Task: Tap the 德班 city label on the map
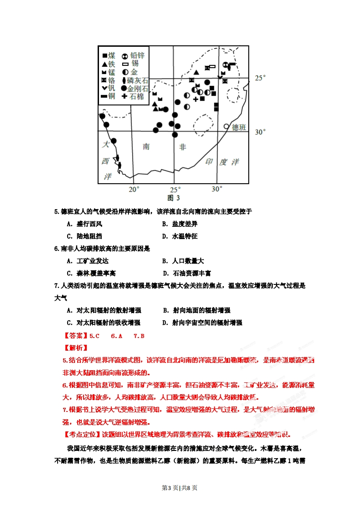(238, 127)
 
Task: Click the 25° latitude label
(260, 78)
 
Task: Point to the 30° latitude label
(260, 132)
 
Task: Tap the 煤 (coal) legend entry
(108, 55)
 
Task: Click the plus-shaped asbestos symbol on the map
(196, 99)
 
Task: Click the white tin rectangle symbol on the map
(212, 67)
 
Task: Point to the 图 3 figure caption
(173, 198)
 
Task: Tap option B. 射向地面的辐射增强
(197, 310)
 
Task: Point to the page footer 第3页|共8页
(180, 488)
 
